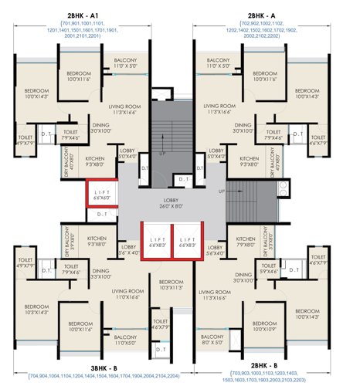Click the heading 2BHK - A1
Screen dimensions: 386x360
tap(87, 15)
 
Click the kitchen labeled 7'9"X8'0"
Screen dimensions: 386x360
tap(246, 242)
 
